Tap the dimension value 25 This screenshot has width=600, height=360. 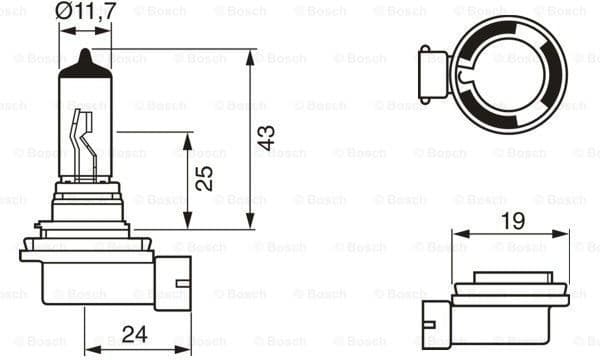click(x=204, y=178)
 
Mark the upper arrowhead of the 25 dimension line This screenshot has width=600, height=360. click(x=184, y=137)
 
